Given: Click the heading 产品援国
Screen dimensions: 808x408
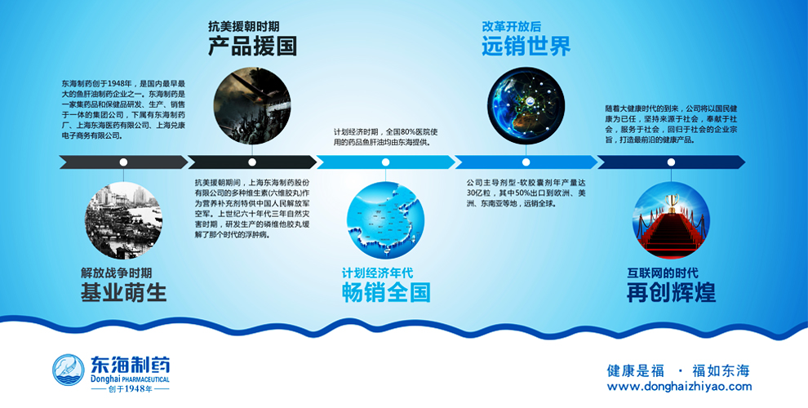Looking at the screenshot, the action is [252, 47].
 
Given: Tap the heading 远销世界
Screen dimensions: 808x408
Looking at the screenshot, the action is [526, 47].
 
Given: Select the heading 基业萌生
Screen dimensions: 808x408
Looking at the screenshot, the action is [124, 293].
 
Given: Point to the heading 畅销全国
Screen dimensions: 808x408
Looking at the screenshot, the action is [386, 293].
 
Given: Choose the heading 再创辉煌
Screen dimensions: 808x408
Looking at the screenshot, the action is [671, 293].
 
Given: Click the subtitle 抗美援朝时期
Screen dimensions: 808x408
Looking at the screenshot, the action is [244, 26].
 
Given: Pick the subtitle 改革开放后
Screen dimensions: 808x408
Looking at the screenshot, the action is [511, 26].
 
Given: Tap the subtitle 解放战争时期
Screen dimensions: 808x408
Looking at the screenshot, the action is [116, 273].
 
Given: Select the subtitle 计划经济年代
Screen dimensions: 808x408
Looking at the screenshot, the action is [377, 273].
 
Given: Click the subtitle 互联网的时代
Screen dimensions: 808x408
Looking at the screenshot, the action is [663, 273].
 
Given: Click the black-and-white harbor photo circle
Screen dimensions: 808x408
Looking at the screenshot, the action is [123, 220].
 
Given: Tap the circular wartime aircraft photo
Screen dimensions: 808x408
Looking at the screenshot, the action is [252, 105].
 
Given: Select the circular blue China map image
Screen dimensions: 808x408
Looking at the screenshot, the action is [385, 220].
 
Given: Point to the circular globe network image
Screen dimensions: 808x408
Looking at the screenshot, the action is [526, 105].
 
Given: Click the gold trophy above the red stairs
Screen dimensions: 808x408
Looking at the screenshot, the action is [671, 202].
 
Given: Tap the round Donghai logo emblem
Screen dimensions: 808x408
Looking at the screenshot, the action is [69, 370].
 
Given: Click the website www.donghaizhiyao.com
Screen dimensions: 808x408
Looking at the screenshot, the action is [679, 387].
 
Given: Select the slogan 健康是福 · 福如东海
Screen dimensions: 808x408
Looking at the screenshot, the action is [678, 370].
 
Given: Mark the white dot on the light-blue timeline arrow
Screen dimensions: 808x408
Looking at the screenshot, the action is [385, 162].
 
